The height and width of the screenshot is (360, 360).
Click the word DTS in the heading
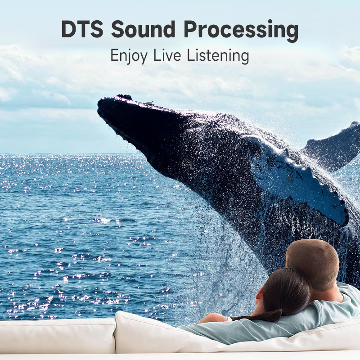point(82,29)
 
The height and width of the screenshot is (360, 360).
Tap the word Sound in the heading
point(143,29)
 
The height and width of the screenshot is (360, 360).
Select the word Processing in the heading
point(241,31)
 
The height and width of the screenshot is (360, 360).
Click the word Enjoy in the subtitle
point(129,56)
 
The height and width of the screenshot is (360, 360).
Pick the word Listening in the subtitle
point(218,56)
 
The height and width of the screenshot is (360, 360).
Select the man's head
point(312,264)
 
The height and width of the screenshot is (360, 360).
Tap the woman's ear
point(260,296)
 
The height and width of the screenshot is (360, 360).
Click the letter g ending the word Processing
point(292,33)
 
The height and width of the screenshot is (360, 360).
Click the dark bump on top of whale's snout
point(124,97)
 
